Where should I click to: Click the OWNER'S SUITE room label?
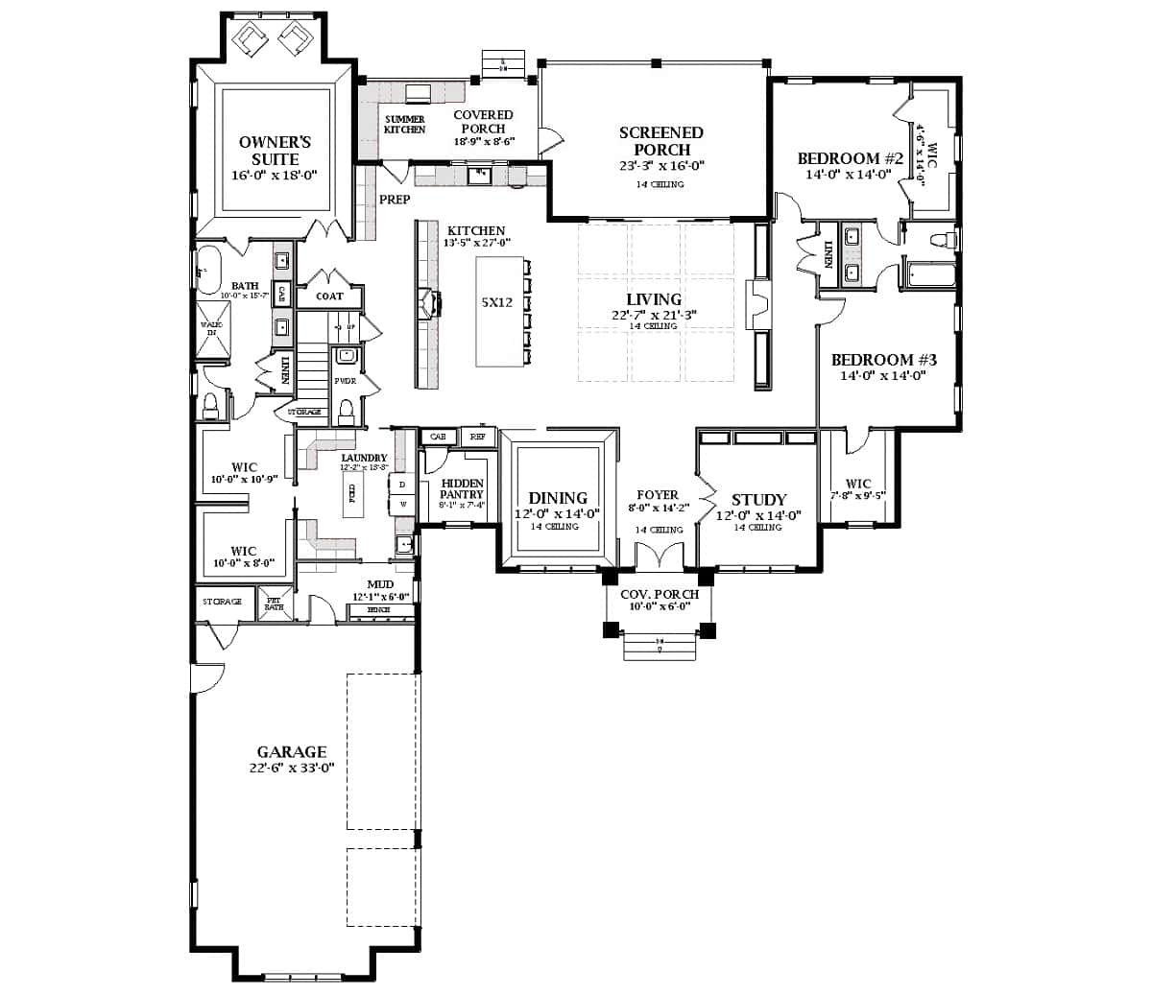click(275, 151)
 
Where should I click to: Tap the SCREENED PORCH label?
click(660, 141)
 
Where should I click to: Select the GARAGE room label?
click(291, 752)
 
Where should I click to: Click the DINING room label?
click(558, 498)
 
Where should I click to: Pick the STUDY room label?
click(758, 500)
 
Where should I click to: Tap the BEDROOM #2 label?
click(851, 158)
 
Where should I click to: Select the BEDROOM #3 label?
click(883, 360)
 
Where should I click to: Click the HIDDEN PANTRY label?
click(462, 488)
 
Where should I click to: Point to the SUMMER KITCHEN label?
click(404, 124)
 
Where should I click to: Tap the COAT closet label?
click(329, 296)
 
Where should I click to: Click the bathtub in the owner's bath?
click(208, 268)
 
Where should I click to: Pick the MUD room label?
click(379, 584)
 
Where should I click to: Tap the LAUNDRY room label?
click(364, 458)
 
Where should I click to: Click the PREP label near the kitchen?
click(395, 200)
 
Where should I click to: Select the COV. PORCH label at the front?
click(659, 595)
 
